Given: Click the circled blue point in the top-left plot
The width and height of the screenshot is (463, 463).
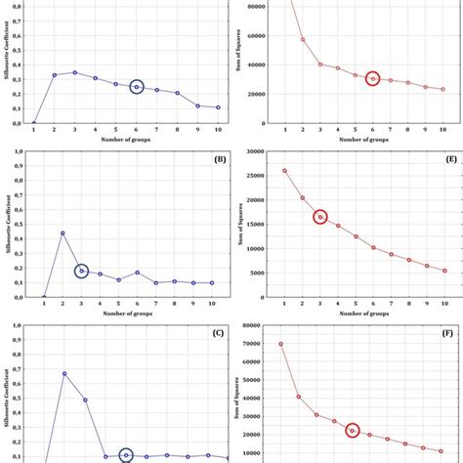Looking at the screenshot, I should click(x=137, y=87).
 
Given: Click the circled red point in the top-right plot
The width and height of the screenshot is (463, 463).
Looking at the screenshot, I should click(x=373, y=78).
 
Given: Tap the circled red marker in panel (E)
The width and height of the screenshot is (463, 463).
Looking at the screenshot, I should click(x=320, y=217).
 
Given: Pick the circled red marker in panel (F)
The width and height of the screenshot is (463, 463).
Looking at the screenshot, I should click(x=353, y=431).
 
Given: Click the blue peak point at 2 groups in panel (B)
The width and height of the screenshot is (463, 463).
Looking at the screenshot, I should click(x=63, y=233).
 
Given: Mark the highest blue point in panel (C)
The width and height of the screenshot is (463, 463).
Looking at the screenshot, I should click(x=64, y=373).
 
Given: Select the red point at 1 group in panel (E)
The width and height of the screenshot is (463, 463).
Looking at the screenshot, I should click(x=284, y=170).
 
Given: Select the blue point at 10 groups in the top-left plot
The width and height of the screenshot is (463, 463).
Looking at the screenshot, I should click(x=218, y=107).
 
